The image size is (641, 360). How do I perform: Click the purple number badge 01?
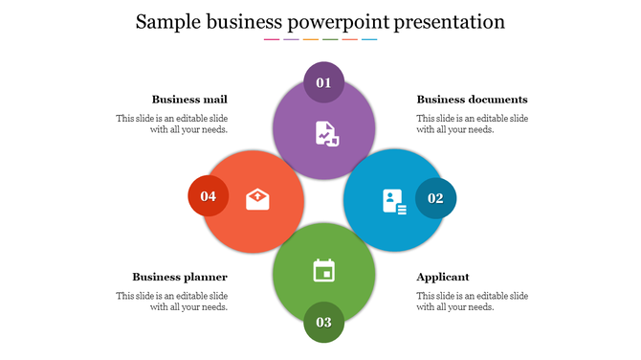point(323,82)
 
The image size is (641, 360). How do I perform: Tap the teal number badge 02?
point(435,198)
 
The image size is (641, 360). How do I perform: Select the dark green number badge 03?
point(323,322)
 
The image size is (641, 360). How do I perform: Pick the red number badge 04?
point(209,196)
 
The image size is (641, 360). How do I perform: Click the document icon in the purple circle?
point(327,133)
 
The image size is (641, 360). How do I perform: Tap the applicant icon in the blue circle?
point(394,201)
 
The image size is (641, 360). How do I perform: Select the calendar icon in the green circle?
point(324,271)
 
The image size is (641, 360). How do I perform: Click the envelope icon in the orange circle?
point(257,199)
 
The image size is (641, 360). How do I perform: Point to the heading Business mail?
point(189,100)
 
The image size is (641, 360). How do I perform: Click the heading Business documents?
point(472,100)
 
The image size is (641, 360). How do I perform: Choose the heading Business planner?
point(180,277)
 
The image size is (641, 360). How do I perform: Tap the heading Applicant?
point(443,277)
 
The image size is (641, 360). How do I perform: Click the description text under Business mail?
point(172,124)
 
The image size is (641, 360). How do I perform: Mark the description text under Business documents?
point(473,124)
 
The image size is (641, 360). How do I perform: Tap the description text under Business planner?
point(172,302)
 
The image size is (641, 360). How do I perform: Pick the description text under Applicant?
point(473,302)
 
